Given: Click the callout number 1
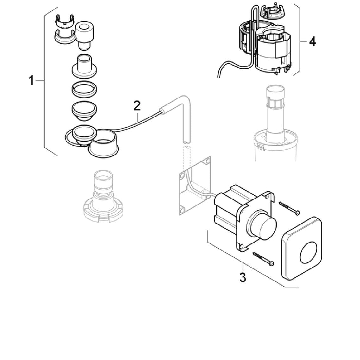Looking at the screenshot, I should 31,81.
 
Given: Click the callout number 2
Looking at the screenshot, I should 136,106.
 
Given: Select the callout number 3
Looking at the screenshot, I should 243,277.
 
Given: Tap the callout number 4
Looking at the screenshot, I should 312,41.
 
